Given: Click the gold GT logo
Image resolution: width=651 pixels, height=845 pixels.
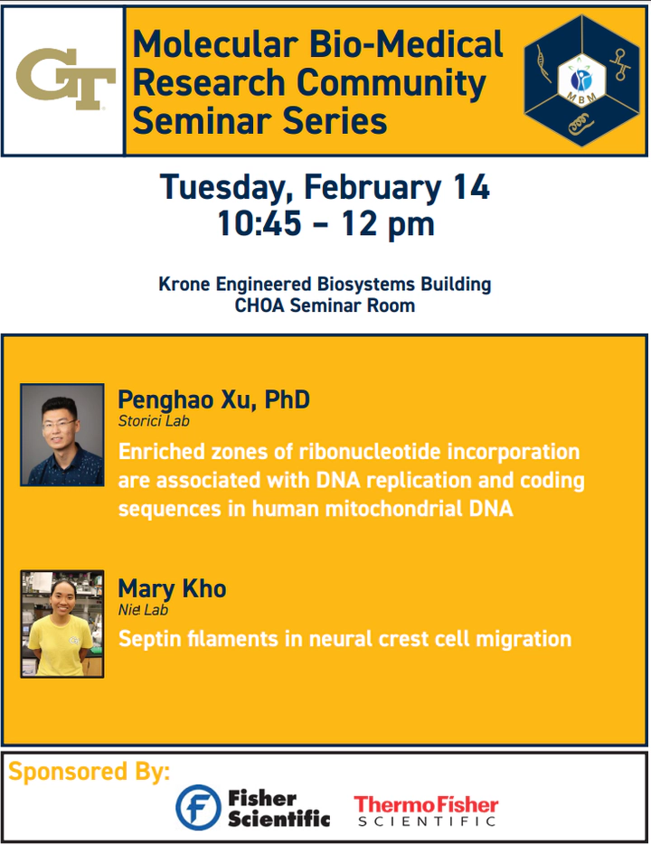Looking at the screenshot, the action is pos(66,79).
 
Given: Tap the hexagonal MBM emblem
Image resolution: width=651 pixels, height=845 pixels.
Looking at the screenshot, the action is pos(581,80).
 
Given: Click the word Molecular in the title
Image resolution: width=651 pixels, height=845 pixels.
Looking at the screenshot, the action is pos(215,44).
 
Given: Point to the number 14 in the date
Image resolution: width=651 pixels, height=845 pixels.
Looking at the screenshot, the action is pos(471,187).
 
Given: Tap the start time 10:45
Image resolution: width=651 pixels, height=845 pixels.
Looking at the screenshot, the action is pos(259,223).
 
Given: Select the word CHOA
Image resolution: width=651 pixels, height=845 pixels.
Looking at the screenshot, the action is pos(259,305).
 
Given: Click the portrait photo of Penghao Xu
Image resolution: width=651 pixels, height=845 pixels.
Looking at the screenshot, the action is pos(62,435).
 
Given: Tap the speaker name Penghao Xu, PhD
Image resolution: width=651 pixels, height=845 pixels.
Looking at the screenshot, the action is pos(214,400).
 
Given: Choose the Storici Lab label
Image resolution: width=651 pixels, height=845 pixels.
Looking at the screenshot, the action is pos(154,421).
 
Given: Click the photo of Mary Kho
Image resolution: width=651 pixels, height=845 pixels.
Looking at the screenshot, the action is pos(62,624).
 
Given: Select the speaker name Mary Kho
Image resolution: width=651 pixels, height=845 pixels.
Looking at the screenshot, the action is pos(172,589).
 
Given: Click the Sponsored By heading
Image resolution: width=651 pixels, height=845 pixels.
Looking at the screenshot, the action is pos(89,772).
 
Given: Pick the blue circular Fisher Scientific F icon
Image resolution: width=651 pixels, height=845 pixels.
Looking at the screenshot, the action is pos(199,807).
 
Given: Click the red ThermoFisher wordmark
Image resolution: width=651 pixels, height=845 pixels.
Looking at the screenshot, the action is pos(426,805).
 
